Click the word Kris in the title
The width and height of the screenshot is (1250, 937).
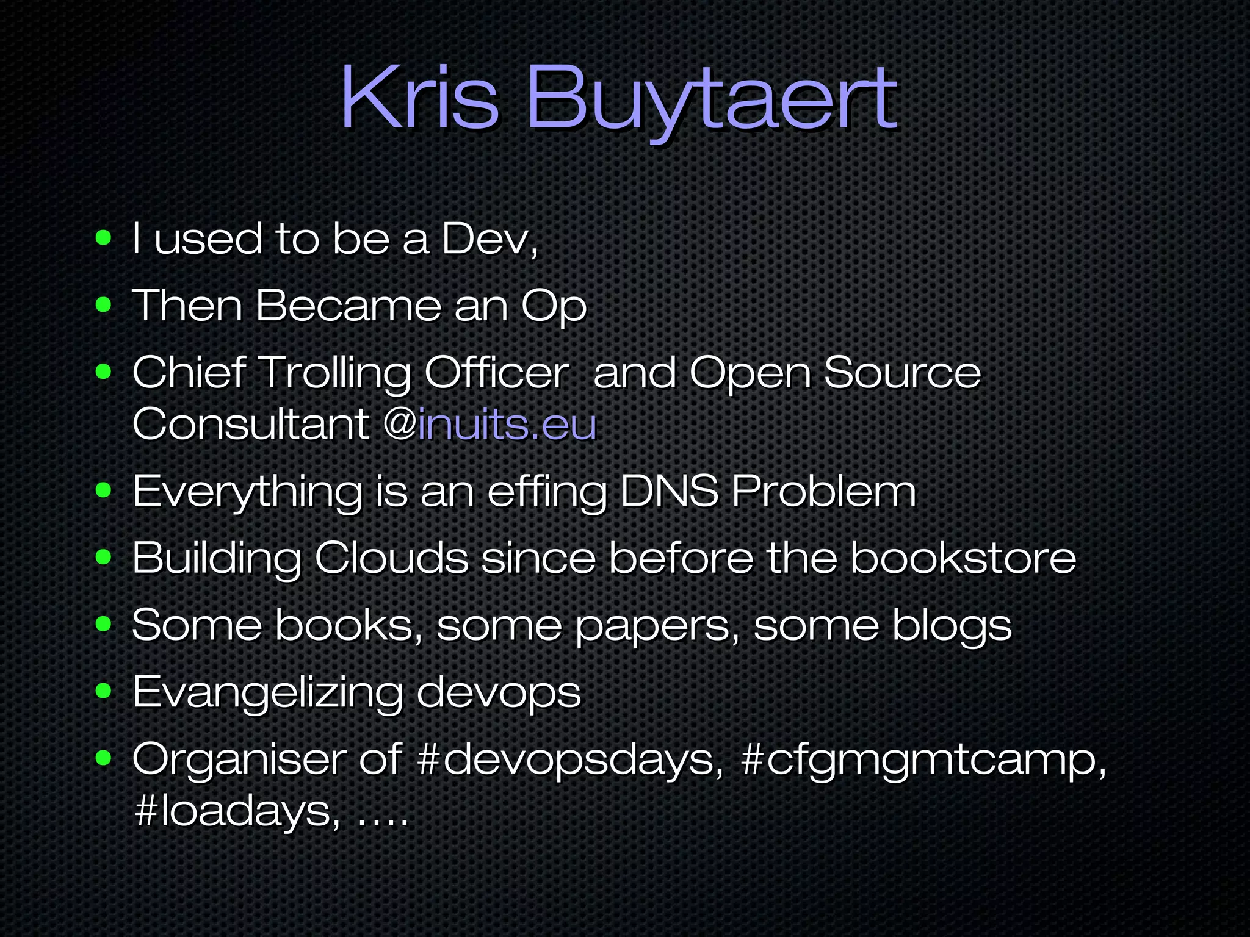tap(420, 98)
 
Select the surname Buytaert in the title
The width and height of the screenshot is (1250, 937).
tap(711, 101)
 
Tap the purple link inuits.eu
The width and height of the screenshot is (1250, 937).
tap(507, 425)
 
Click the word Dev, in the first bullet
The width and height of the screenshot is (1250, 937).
tap(490, 239)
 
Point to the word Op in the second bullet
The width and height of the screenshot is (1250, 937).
tap(554, 307)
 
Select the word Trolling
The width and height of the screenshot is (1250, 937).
tap(335, 373)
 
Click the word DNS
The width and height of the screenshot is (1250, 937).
tap(670, 491)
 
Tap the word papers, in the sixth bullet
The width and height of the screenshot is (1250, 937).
tap(657, 626)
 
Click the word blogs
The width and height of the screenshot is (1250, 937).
tap(952, 626)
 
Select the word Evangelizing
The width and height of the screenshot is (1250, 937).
tap(267, 694)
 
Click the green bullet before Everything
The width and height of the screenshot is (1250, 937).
tap(104, 490)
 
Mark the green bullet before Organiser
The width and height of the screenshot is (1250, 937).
tap(104, 758)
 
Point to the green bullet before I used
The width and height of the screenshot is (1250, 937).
tap(104, 237)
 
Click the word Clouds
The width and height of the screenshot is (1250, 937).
tap(391, 558)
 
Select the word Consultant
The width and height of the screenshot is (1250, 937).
tap(251, 425)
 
